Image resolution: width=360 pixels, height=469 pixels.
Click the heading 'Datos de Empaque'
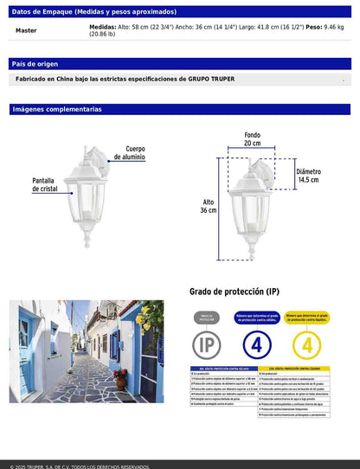(43, 13)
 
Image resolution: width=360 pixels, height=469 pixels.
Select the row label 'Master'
(26, 30)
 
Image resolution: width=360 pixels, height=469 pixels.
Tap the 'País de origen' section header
(35, 64)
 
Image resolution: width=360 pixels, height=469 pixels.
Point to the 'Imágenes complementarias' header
(57, 109)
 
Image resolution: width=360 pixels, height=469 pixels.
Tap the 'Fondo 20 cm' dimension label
(251, 140)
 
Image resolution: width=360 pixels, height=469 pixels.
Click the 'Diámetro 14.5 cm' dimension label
(308, 176)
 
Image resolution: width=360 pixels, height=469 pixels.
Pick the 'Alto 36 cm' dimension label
(208, 206)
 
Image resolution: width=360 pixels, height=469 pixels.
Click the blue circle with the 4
(256, 344)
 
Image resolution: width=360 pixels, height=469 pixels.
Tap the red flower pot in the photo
(120, 379)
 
